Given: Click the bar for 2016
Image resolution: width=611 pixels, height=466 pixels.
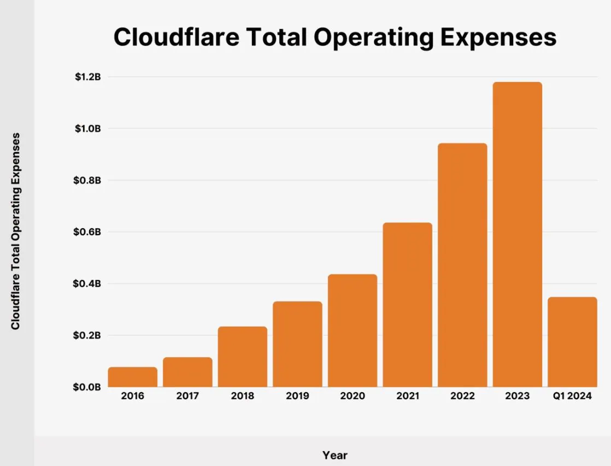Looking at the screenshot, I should [x=132, y=377].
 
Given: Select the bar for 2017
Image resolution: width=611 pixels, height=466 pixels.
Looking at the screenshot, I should [x=187, y=372].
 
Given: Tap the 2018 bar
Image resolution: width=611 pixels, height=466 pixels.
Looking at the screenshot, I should [x=242, y=357].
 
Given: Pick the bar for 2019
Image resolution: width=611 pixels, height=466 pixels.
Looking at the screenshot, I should [x=297, y=344].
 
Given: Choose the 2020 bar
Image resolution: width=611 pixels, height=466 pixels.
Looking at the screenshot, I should [x=352, y=330].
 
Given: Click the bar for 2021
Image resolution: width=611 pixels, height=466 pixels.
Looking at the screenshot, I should [x=407, y=305].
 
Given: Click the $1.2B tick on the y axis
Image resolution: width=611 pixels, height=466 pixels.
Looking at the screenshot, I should [x=88, y=77].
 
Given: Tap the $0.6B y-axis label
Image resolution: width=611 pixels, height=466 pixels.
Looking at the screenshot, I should [x=88, y=232].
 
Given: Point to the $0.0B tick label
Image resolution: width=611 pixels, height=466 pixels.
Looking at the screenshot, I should [x=88, y=387].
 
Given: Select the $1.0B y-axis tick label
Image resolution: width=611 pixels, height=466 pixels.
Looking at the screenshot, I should [x=88, y=129].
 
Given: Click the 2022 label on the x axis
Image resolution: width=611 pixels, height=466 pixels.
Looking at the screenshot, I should [x=462, y=396].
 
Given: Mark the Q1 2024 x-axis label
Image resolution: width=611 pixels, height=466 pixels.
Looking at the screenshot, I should [x=572, y=396].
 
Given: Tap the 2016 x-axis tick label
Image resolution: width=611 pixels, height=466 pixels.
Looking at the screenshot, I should [x=132, y=396].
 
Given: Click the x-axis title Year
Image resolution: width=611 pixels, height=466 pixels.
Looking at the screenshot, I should [x=334, y=455].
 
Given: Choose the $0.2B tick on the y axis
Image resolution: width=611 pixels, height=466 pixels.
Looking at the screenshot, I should [x=88, y=335].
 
